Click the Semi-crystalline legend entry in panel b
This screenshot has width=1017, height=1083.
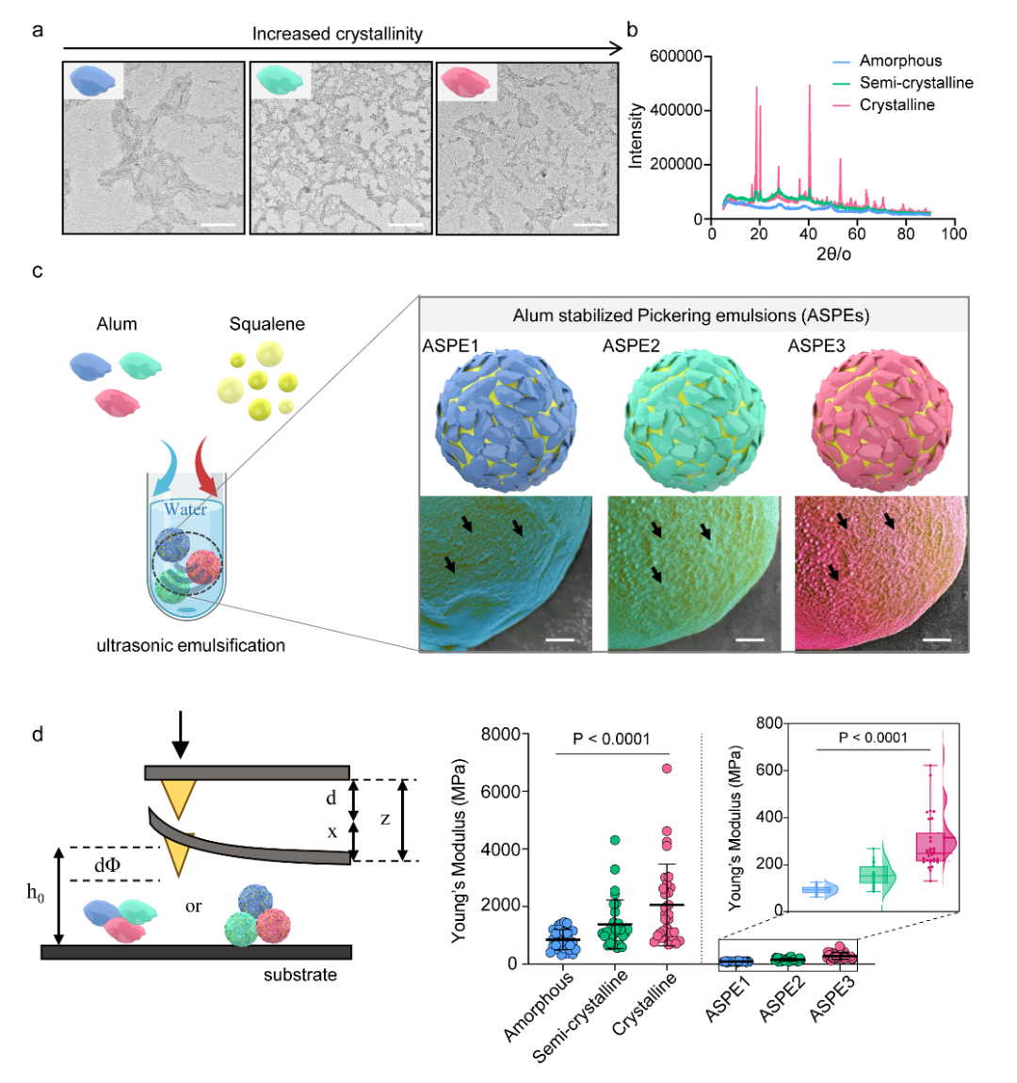pos(915,83)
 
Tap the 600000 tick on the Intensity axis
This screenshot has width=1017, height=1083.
pos(676,57)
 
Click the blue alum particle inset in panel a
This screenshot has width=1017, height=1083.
pos(93,80)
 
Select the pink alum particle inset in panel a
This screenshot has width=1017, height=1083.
pos(466,80)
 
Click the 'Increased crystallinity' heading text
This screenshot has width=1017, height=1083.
pos(337,34)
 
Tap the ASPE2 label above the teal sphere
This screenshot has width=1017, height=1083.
pos(631,346)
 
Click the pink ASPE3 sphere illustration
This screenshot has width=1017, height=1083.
pos(881,419)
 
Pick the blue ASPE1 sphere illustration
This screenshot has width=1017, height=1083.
pos(507,419)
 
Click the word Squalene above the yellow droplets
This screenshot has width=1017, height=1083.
pos(266,324)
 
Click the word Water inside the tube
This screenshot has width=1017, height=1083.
pos(186,509)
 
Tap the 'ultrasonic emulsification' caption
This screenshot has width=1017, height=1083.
pos(190,645)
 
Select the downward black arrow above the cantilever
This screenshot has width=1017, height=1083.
pos(180,749)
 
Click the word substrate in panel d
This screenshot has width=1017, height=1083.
pos(299,975)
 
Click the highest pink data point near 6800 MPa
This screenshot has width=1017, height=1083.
pos(667,768)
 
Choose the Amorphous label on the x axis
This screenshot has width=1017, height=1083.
pos(541,1006)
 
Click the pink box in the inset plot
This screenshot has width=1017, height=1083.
pos(934,847)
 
